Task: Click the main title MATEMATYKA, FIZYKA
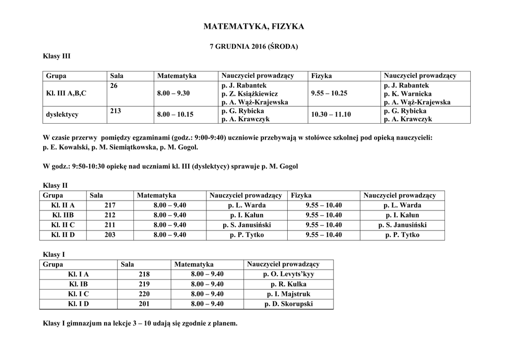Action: click(254, 26)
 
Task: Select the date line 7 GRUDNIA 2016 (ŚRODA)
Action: click(254, 47)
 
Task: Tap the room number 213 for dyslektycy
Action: click(116, 111)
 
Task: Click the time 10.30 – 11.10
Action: click(330, 115)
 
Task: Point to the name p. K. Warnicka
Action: click(408, 94)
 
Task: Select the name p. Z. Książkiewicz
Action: click(250, 94)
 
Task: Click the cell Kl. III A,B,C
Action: click(66, 93)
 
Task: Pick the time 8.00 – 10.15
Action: click(175, 115)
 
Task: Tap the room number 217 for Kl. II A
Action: click(110, 206)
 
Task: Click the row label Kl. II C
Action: click(63, 225)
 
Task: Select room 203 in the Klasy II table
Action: click(110, 235)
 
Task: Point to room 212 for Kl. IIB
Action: click(110, 216)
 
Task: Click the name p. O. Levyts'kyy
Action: click(289, 274)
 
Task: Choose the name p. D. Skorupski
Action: click(289, 304)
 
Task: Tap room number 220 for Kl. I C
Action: click(144, 294)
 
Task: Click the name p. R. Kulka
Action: click(289, 285)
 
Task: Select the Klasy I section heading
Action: click(55, 255)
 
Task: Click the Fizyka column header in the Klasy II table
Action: click(302, 196)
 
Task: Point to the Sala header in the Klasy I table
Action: click(127, 265)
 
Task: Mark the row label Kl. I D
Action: click(78, 304)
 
